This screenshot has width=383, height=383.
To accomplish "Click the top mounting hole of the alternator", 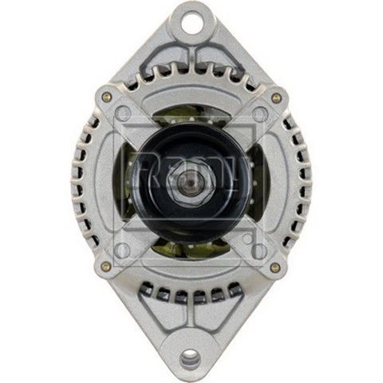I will pyautogui.click(x=191, y=22).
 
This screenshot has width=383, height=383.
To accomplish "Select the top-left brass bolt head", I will pyautogui.click(x=106, y=97).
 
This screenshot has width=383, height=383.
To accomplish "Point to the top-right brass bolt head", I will pyautogui.click(x=276, y=97).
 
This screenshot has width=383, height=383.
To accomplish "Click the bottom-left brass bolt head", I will pyautogui.click(x=106, y=267).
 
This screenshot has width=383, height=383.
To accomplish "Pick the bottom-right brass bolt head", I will pyautogui.click(x=276, y=267).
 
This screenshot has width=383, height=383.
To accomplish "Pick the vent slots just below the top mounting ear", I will pyautogui.click(x=191, y=75).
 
